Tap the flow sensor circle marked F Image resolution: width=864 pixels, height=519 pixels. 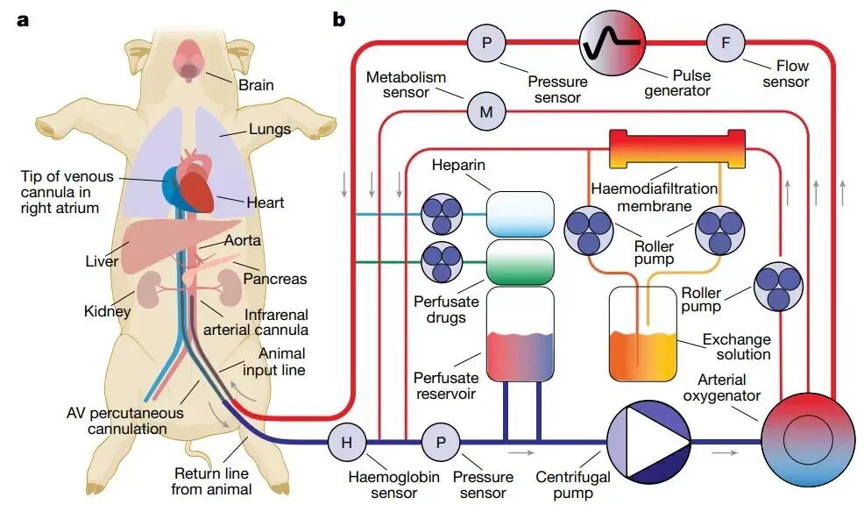pyautogui.click(x=726, y=42)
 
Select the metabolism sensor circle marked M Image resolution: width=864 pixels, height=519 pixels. pyautogui.click(x=486, y=112)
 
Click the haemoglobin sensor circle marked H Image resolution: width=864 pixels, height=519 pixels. pyautogui.click(x=347, y=442)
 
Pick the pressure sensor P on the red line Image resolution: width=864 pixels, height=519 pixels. pyautogui.click(x=486, y=42)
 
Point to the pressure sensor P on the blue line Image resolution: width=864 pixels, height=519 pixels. pyautogui.click(x=441, y=442)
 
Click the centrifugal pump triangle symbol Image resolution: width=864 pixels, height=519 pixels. pyautogui.click(x=648, y=442)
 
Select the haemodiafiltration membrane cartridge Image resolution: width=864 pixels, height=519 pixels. pyautogui.click(x=677, y=149)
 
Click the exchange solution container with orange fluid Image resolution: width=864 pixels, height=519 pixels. pyautogui.click(x=643, y=334)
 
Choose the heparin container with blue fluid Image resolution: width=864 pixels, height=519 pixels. pyautogui.click(x=521, y=214)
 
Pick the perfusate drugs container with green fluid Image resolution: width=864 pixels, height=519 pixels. pyautogui.click(x=521, y=262)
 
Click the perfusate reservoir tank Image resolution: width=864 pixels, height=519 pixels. pyautogui.click(x=521, y=334)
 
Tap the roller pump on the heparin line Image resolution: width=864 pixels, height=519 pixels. pyautogui.click(x=442, y=214)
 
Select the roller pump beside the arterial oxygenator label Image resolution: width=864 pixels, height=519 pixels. pyautogui.click(x=778, y=287)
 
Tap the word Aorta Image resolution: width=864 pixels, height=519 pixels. pyautogui.click(x=243, y=240)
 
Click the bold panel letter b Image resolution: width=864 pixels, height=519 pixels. pyautogui.click(x=339, y=20)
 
